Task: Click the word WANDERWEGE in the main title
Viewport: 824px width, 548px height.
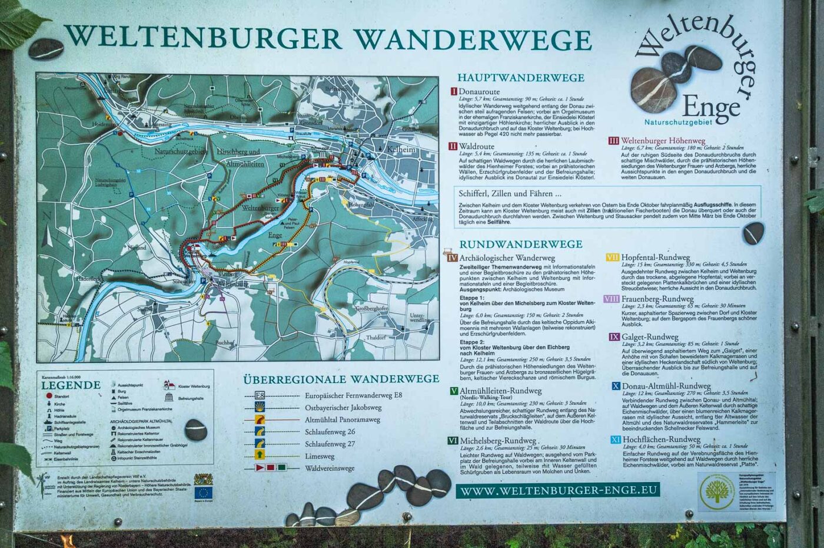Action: click(x=472, y=39)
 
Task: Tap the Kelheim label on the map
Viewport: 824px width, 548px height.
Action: click(x=401, y=150)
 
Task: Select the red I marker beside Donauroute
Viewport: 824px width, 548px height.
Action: click(x=454, y=91)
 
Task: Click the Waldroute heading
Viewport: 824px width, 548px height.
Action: click(x=477, y=146)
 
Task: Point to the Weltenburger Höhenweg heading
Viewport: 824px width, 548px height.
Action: click(x=663, y=141)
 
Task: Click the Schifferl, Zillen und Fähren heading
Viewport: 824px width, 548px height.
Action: click(x=506, y=193)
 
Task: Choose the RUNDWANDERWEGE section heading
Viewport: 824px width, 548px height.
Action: click(x=520, y=244)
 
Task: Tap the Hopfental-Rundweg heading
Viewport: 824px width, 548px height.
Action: click(x=655, y=258)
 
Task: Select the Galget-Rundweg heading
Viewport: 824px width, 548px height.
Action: click(x=650, y=337)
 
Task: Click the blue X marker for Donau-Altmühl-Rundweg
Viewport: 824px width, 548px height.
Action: click(x=615, y=386)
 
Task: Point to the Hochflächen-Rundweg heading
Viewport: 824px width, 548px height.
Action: click(x=661, y=439)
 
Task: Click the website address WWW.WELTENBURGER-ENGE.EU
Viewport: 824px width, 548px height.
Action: click(x=557, y=491)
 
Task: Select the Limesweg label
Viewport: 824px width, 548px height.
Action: click(x=319, y=456)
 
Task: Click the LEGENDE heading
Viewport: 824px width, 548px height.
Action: click(x=71, y=385)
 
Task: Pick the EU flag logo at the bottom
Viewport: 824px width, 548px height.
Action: click(x=204, y=491)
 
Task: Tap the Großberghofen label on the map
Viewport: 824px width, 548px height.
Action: click(x=373, y=309)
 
